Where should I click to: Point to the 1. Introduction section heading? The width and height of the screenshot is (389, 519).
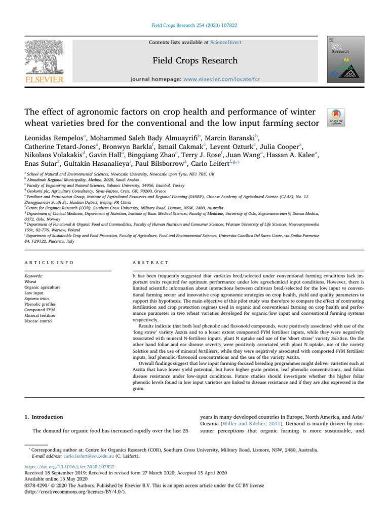click(x=48, y=417)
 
